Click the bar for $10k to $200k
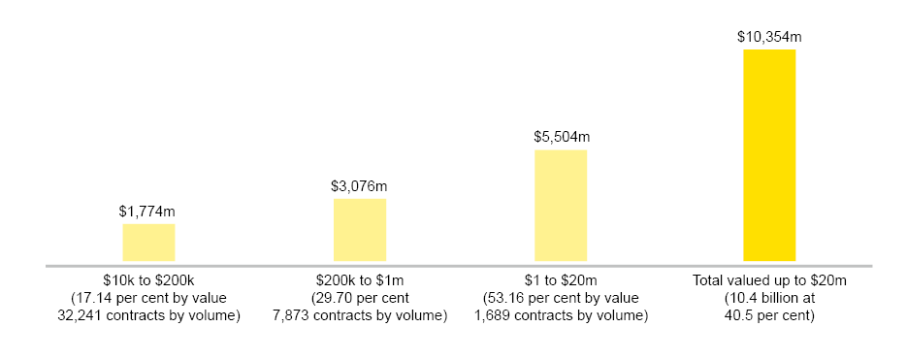148,243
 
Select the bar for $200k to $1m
360,230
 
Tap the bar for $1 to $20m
561,206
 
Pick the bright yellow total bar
769,155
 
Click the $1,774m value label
147,211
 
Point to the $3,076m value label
359,185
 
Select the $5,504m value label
561,137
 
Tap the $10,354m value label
769,36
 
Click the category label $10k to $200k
148,281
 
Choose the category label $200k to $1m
360,281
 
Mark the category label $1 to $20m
561,281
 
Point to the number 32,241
81,316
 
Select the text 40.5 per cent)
767,316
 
